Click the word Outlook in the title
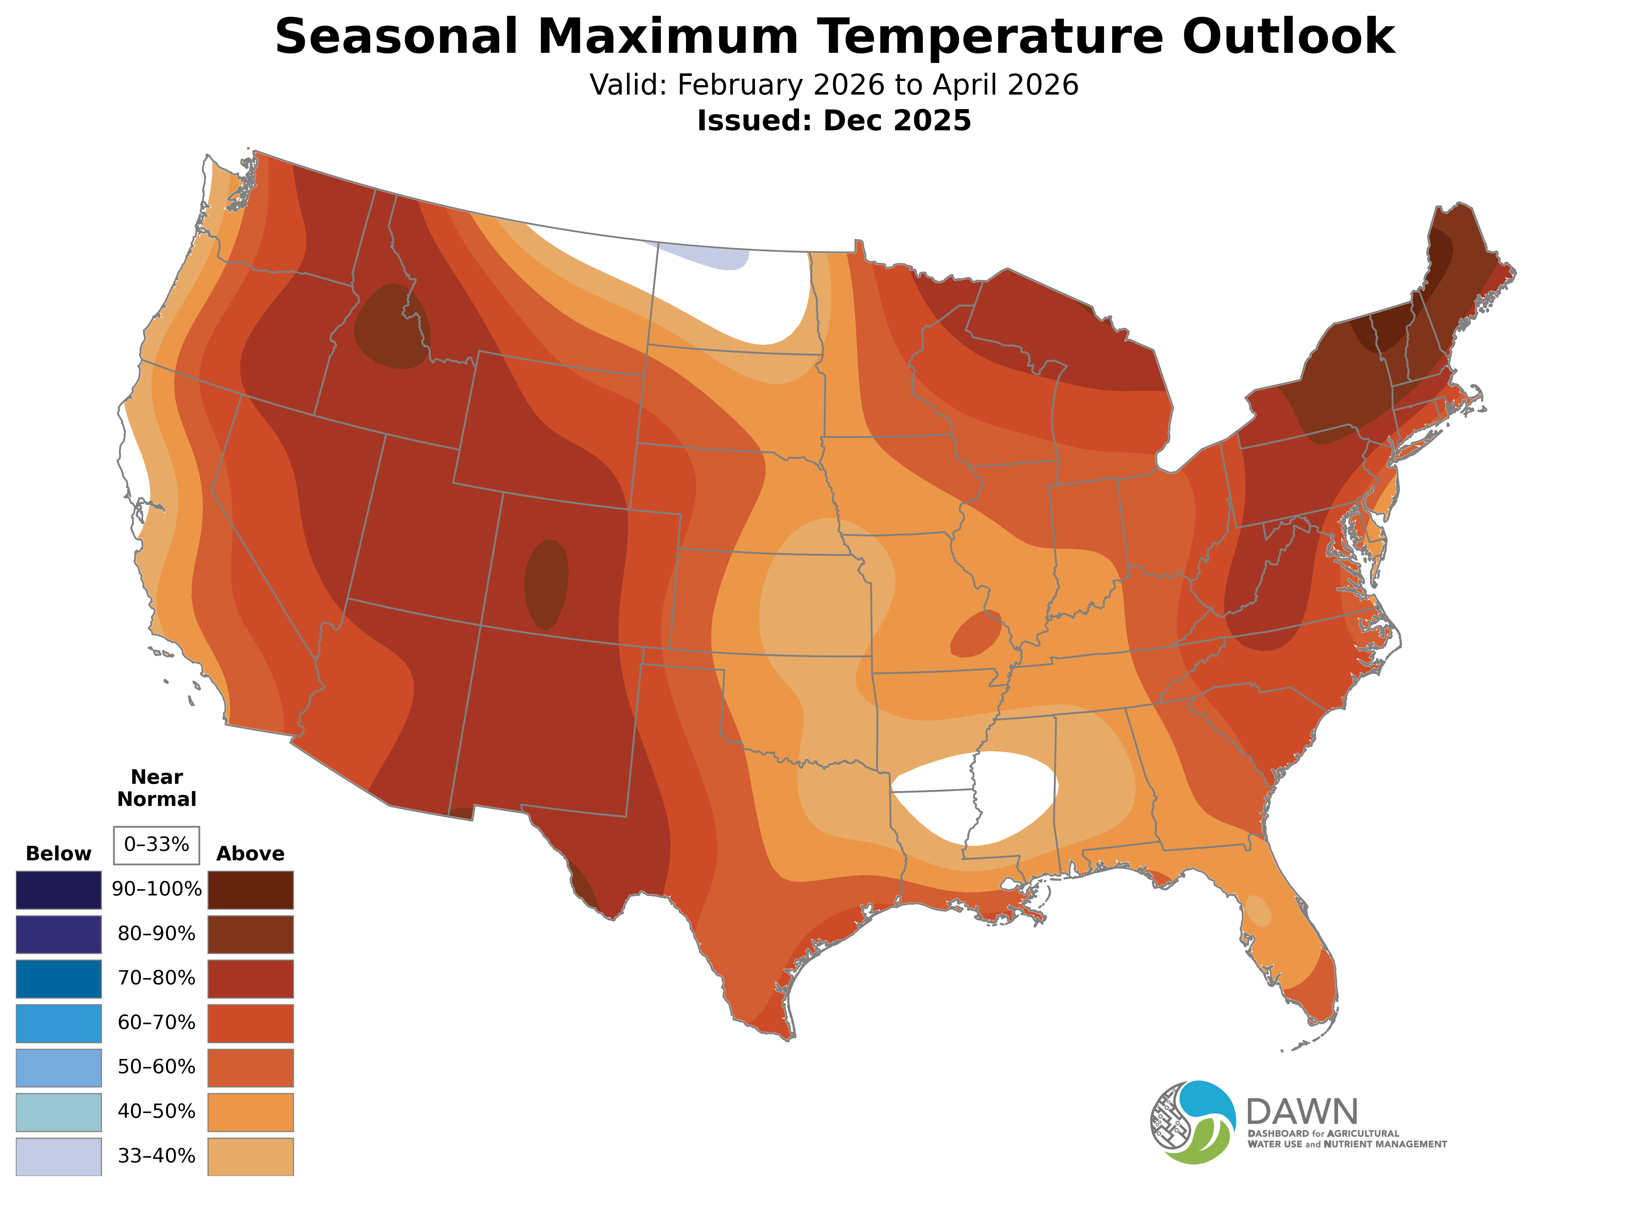[1288, 37]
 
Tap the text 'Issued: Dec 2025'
[834, 121]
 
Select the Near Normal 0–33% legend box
[156, 845]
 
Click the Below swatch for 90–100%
[59, 890]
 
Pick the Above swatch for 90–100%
[251, 890]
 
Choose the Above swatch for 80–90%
[251, 934]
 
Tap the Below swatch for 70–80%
[59, 979]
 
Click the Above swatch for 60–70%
[251, 1023]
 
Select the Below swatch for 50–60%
[59, 1068]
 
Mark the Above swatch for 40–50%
[251, 1112]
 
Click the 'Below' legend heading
[59, 853]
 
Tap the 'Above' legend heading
[251, 853]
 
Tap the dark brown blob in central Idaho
[391, 327]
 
